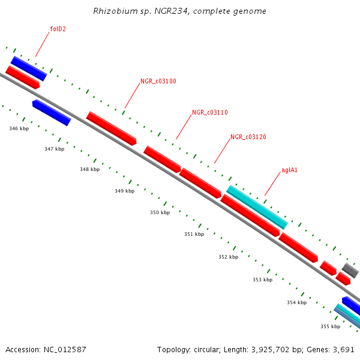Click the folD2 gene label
pos(58,29)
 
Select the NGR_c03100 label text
pos(158,81)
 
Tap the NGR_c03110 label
pos(210,113)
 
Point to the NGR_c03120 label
pos(248,137)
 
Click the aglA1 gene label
pos(290,170)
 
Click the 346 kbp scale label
pos(19,128)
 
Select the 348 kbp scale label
pos(89,170)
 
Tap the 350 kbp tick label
pos(160,212)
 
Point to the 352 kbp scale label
pos(228,257)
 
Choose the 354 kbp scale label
pos(296,302)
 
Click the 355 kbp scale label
pos(330,326)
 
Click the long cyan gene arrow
pos(257,207)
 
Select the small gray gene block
pos(350,270)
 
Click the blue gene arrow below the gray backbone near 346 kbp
pos(52,113)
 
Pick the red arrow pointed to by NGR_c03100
pos(112,128)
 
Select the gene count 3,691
pos(343,349)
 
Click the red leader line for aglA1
pos(273,184)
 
